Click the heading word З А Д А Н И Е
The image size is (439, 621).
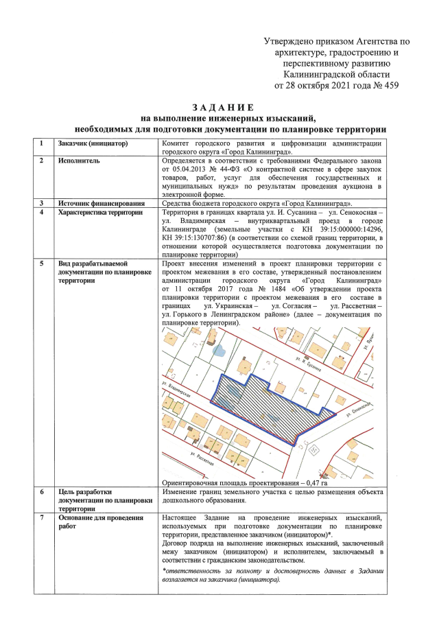[x=223, y=108]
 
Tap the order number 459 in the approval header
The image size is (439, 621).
[x=390, y=86]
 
